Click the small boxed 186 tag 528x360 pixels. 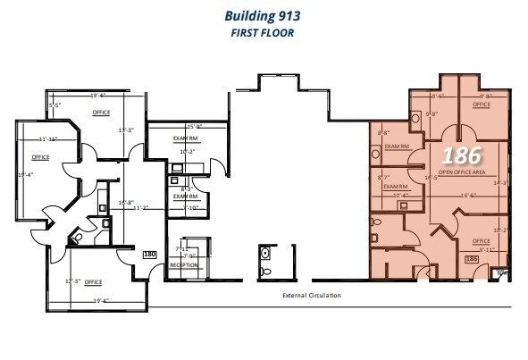pos(473,259)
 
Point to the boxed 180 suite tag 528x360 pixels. pos(150,255)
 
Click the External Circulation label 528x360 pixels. pos(313,296)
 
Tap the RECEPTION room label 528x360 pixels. pos(184,265)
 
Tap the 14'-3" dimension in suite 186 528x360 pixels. pos(500,182)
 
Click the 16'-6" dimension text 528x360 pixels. pos(469,194)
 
